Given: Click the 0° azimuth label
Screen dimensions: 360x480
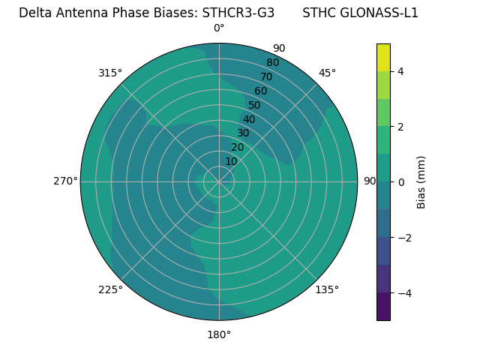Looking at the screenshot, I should (219, 28).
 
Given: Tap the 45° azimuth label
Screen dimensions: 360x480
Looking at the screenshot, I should (327, 73).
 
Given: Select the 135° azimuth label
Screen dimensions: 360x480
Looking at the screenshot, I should (327, 289).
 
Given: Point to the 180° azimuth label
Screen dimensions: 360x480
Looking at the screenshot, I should (219, 334).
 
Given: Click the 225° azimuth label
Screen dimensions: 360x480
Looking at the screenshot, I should (110, 289).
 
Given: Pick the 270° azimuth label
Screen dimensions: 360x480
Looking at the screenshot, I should (65, 181).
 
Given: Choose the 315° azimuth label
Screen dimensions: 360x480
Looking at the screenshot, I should (110, 73).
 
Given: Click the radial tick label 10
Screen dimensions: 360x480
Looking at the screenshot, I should (231, 161).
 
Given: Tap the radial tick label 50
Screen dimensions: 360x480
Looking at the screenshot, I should (254, 105).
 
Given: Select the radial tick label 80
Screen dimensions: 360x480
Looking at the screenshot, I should (272, 62).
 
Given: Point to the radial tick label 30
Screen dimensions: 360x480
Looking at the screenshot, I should (243, 133).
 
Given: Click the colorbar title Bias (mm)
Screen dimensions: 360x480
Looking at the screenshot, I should (421, 182).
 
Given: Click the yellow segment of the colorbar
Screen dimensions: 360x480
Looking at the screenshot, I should (383, 57).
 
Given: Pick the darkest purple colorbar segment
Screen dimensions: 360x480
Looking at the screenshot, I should (383, 307).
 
